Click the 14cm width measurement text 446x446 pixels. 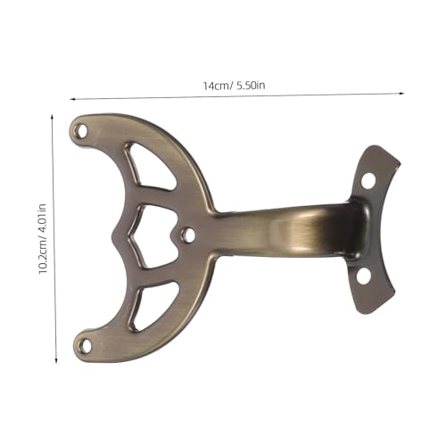pos(215,85)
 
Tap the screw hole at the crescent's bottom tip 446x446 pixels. pos(87,341)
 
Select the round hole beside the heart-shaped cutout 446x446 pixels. pos(187,235)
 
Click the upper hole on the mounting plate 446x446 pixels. pos(367,180)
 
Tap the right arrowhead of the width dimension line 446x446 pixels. pos(402,92)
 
